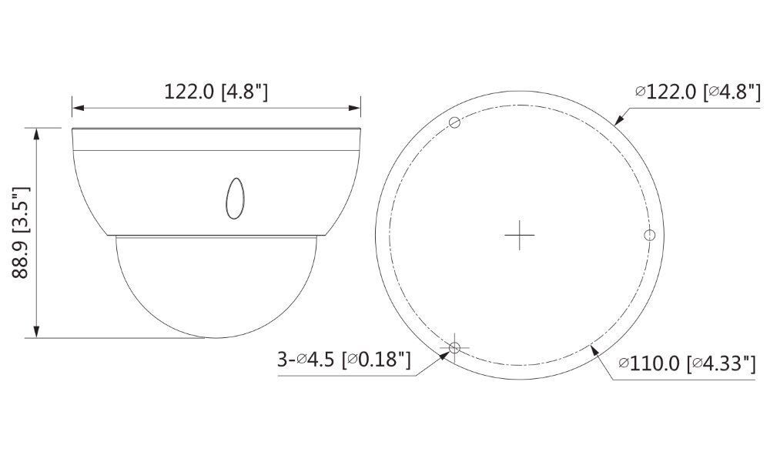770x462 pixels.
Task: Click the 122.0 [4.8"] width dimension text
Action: [x=216, y=92]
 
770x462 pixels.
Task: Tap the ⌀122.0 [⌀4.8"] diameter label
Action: [x=695, y=92]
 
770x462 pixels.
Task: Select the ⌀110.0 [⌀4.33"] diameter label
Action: [x=686, y=363]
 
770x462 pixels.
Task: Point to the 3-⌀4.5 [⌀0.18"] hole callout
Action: [x=343, y=360]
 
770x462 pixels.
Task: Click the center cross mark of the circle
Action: [x=520, y=235]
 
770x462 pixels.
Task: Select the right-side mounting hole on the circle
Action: [x=649, y=234]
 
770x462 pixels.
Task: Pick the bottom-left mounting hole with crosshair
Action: [x=454, y=348]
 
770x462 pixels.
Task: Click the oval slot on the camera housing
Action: [x=234, y=197]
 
